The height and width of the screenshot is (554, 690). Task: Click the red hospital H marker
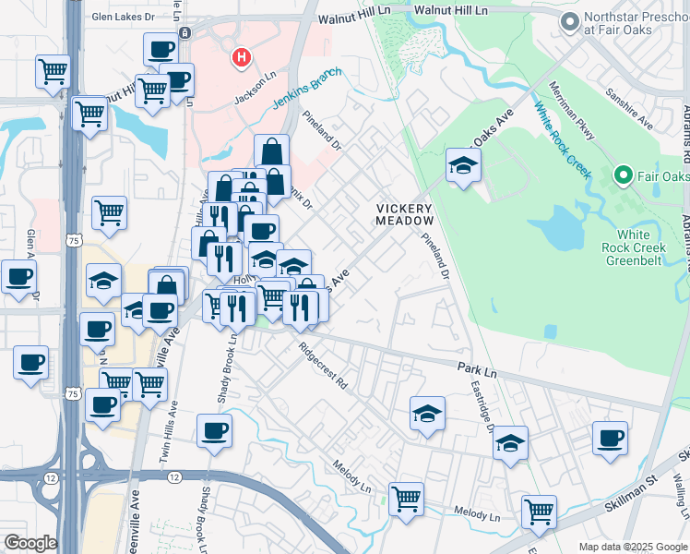click(x=242, y=58)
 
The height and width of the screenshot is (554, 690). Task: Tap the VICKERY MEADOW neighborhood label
click(x=405, y=215)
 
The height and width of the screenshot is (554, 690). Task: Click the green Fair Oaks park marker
click(x=623, y=175)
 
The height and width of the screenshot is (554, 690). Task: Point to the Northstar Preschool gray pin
click(x=569, y=21)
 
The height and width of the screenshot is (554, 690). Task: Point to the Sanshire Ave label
click(x=628, y=109)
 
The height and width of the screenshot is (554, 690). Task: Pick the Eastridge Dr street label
click(x=482, y=406)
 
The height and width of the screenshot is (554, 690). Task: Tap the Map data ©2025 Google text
click(x=632, y=546)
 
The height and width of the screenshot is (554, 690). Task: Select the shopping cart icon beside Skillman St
click(x=539, y=510)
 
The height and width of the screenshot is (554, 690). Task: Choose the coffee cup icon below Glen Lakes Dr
click(x=162, y=50)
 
